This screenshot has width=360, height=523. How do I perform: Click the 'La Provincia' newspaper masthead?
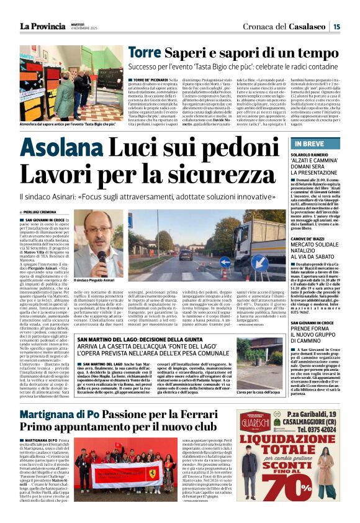42,25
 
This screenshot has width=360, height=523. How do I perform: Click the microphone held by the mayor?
101,257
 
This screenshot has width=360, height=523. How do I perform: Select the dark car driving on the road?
185,255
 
